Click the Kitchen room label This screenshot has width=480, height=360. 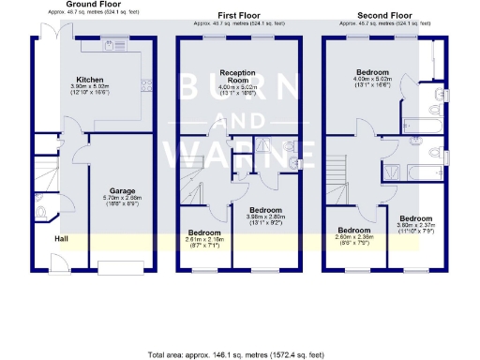pyautogui.click(x=91, y=80)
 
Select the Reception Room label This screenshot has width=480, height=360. pyautogui.click(x=238, y=75)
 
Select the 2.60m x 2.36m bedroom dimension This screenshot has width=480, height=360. pyautogui.click(x=355, y=237)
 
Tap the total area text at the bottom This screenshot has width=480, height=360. pyautogui.click(x=240, y=354)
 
